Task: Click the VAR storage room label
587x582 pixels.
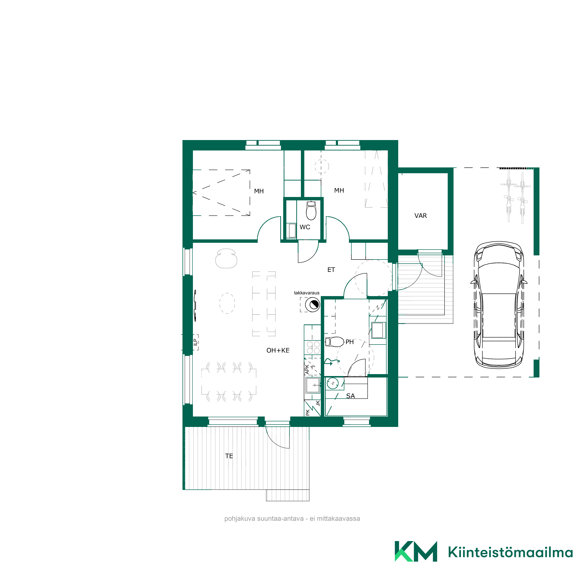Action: coord(421,216)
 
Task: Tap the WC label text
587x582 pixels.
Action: coord(305,227)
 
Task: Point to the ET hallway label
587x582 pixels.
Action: coord(331,270)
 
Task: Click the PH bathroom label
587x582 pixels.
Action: coord(349,342)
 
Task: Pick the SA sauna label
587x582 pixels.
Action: coord(350,396)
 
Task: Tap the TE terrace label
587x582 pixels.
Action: coord(229,456)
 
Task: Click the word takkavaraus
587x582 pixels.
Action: coord(306,293)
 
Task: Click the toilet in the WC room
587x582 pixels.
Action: coord(311,210)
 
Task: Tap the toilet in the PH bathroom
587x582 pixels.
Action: coord(335,342)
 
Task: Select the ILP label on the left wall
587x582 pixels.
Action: coord(195,342)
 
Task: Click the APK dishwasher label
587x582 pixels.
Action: coord(307,369)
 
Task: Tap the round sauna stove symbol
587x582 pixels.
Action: coord(333,384)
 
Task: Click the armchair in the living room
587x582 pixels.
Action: coord(226,259)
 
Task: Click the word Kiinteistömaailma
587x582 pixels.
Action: coord(510,552)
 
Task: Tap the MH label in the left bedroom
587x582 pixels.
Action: coord(259,191)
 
